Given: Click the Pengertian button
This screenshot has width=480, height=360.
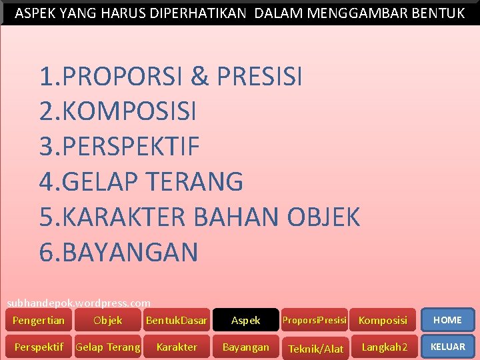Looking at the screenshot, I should [x=39, y=320].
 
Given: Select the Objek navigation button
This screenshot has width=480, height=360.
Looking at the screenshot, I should [x=108, y=320].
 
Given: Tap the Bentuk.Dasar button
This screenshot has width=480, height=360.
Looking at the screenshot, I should [x=177, y=321].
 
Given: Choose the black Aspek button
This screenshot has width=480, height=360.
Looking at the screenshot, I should [x=245, y=321].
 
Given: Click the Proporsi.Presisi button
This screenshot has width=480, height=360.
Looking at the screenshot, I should [x=315, y=320].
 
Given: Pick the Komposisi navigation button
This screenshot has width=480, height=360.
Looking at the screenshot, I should [x=383, y=321].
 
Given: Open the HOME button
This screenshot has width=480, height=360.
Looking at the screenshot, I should [x=447, y=320].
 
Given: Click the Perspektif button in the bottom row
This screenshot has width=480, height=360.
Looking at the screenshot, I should [x=39, y=347].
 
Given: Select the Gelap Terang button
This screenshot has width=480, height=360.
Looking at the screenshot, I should [x=108, y=347].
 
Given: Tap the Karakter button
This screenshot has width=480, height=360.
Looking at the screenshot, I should [x=177, y=347].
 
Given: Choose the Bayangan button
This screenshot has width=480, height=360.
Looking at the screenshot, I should [x=245, y=347].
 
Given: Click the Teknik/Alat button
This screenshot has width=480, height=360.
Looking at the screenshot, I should [x=315, y=349].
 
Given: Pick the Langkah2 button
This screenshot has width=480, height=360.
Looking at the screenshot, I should [x=384, y=347].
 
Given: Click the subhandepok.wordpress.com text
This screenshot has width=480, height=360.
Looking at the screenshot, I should [x=79, y=303].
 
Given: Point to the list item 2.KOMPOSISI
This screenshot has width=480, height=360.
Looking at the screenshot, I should [x=118, y=111].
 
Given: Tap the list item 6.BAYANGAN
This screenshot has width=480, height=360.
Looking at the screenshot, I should [x=119, y=253].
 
